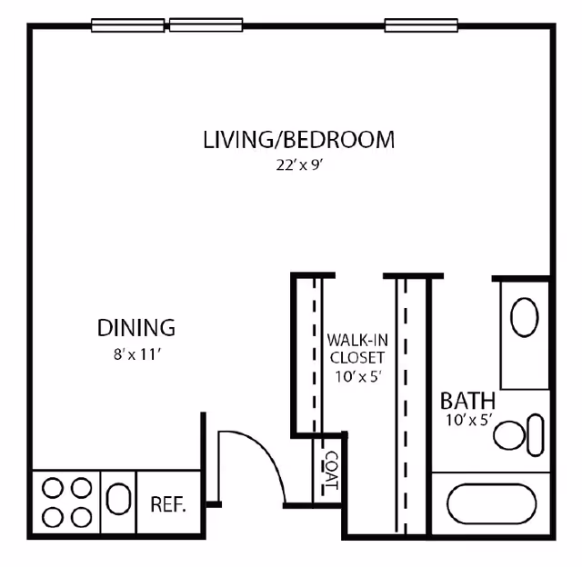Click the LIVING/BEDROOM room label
(x=298, y=140)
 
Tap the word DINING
(x=135, y=327)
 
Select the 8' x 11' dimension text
(x=135, y=355)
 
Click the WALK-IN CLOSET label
(x=356, y=348)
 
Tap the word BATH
(x=467, y=401)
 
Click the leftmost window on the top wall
(x=127, y=25)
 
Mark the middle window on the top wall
(x=206, y=25)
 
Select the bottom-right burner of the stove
(x=81, y=516)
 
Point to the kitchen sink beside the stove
(x=118, y=501)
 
